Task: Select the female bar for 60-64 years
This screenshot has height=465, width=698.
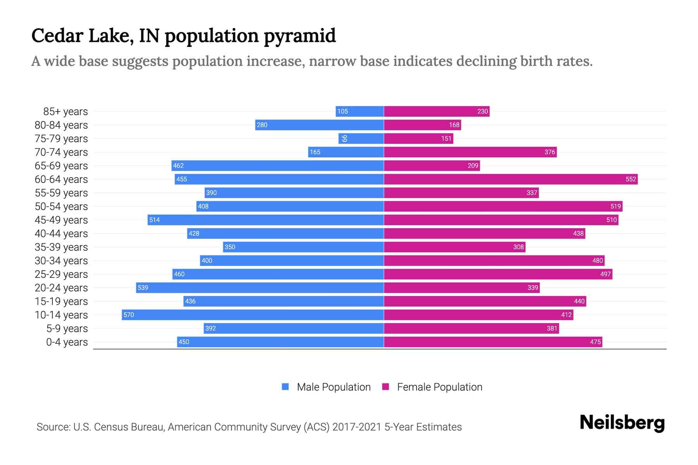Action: (x=510, y=179)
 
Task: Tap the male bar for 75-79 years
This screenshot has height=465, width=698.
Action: (x=361, y=138)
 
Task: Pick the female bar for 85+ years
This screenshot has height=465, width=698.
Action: (x=437, y=111)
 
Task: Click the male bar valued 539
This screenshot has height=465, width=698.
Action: (x=260, y=288)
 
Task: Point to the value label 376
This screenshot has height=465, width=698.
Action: (x=549, y=152)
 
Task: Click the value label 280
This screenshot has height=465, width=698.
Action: (x=262, y=125)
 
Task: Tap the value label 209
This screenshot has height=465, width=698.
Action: (x=473, y=165)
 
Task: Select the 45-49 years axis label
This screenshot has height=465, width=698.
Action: (x=61, y=220)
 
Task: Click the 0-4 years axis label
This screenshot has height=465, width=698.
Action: (x=67, y=342)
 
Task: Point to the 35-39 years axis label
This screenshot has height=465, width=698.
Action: (x=61, y=247)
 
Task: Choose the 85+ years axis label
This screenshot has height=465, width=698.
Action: (x=66, y=111)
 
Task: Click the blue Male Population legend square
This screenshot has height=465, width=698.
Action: (x=285, y=387)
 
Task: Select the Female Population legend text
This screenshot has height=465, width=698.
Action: (x=439, y=387)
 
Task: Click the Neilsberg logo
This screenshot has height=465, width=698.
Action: (x=622, y=423)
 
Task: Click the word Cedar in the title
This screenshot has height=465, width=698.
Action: (x=57, y=35)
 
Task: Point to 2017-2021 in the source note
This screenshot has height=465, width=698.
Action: (x=357, y=427)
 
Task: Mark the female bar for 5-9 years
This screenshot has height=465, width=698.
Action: (x=471, y=328)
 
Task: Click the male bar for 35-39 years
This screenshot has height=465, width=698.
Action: (x=303, y=247)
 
